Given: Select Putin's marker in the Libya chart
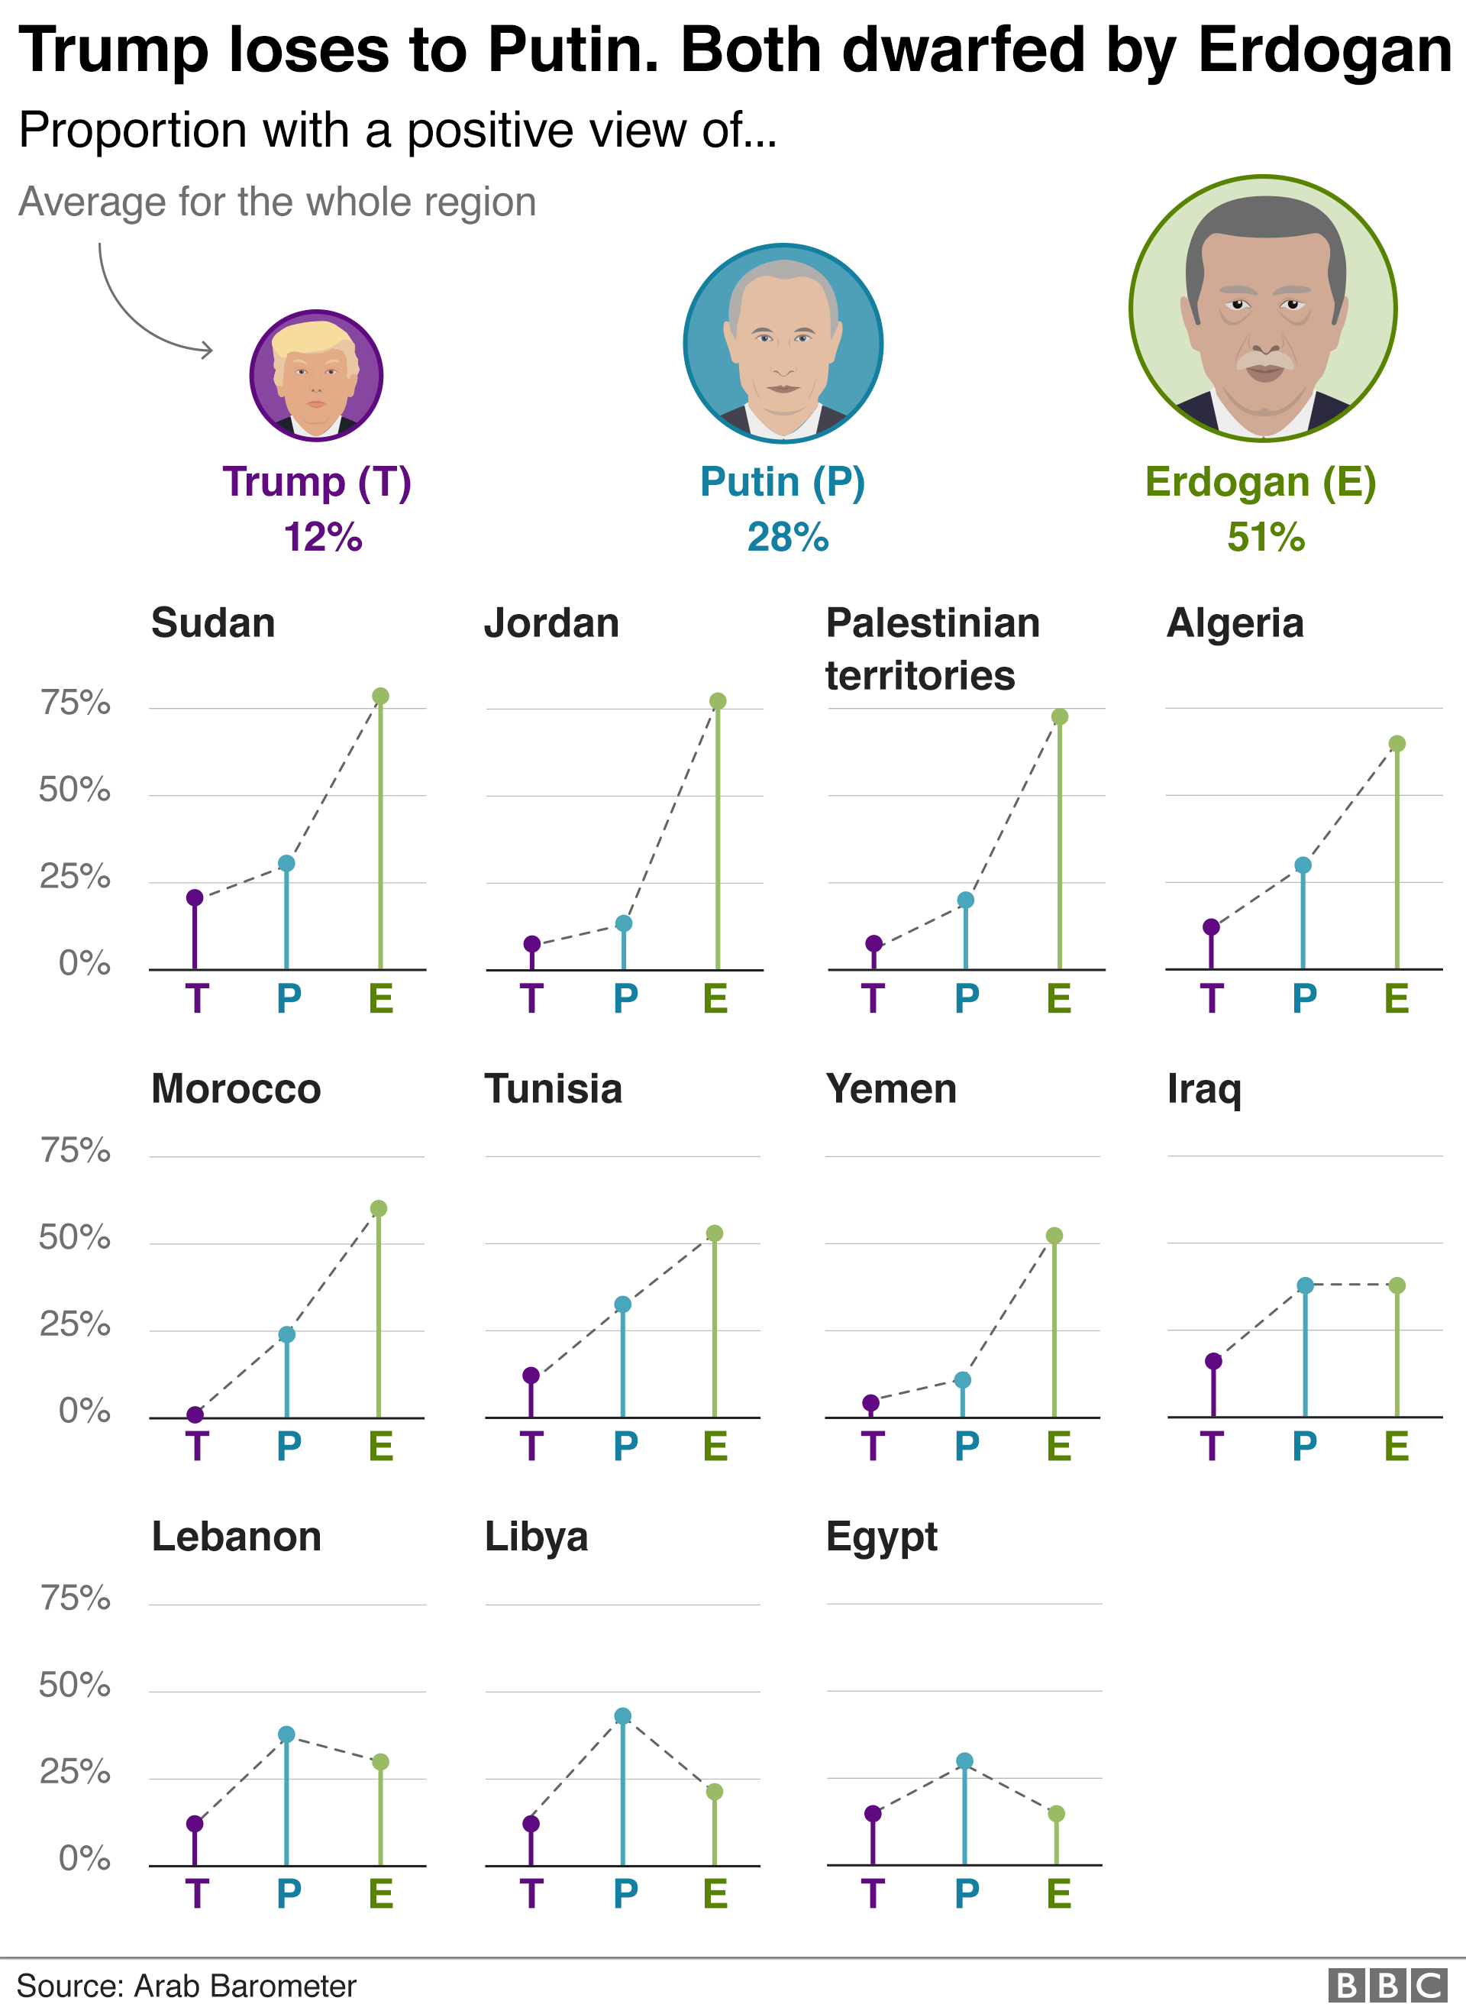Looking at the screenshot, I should [623, 1715].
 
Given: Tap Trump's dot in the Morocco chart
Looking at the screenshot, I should [195, 1414].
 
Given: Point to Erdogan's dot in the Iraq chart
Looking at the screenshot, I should [1397, 1285].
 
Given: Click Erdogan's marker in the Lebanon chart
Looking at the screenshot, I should [380, 1762].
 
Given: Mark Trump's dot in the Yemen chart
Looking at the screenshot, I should [871, 1403].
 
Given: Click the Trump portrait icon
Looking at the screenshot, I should [316, 376].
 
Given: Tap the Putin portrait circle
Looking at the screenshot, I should [783, 344].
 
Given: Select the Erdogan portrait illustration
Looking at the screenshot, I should [1263, 308].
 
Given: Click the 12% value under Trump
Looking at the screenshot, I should [323, 537].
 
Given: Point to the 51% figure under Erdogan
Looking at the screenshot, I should [1266, 537].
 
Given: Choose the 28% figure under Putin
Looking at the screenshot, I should [788, 537].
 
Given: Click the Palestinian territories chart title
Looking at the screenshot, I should [932, 648].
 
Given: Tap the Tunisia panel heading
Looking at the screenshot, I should [554, 1088].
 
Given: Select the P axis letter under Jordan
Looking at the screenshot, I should [625, 999].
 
